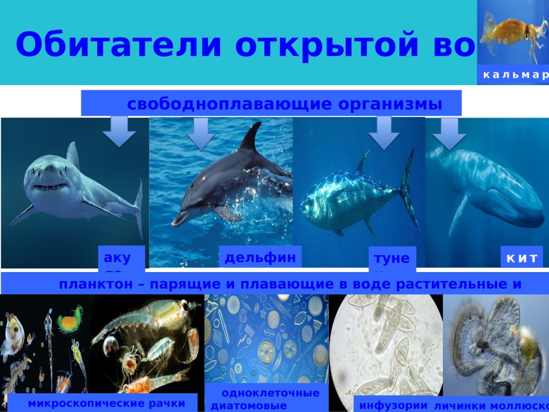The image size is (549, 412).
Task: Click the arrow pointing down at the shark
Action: point(119,132)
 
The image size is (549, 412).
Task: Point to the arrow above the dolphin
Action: point(201,134)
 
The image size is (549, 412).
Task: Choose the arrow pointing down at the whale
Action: point(449,133)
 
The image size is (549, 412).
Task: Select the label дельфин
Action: point(260,258)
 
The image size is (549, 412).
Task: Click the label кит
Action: point(521,258)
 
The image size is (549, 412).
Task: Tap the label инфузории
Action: point(393,405)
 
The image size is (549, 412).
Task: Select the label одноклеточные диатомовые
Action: point(266,399)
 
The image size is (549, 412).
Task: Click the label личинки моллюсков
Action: point(491,405)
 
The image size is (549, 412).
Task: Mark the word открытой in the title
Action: point(322,44)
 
